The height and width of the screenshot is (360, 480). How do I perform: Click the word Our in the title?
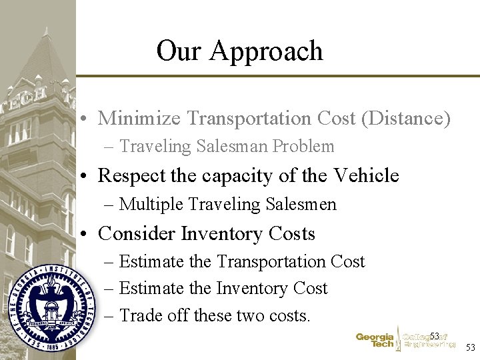click(x=179, y=51)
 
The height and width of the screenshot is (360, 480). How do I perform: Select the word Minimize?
click(x=139, y=119)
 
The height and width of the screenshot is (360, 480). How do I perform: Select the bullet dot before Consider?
click(x=87, y=235)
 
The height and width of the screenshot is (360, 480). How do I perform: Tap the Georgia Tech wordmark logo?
click(x=375, y=341)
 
